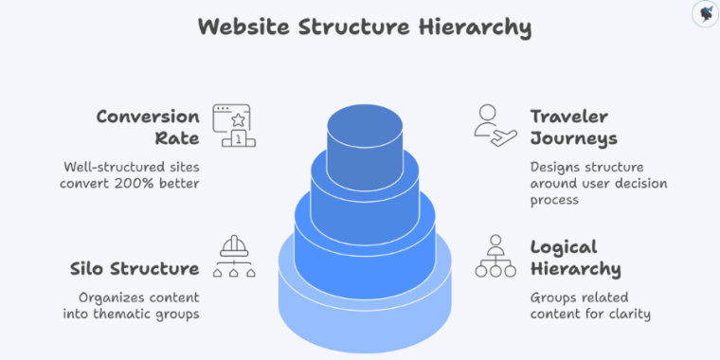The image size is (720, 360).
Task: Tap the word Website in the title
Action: pyautogui.click(x=243, y=27)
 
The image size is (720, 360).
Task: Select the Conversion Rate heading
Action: pyautogui.click(x=148, y=127)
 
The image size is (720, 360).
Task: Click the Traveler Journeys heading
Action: pyautogui.click(x=573, y=127)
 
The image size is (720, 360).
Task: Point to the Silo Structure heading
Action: pyautogui.click(x=135, y=268)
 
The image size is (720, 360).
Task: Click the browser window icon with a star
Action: pyautogui.click(x=230, y=126)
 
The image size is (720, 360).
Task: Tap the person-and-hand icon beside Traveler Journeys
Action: pyautogui.click(x=495, y=125)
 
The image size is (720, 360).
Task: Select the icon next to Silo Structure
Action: pyautogui.click(x=230, y=256)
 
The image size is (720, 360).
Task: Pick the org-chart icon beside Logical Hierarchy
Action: pyautogui.click(x=495, y=256)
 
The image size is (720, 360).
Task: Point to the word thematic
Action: pyautogui.click(x=129, y=314)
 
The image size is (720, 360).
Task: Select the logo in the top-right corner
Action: pyautogui.click(x=702, y=14)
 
